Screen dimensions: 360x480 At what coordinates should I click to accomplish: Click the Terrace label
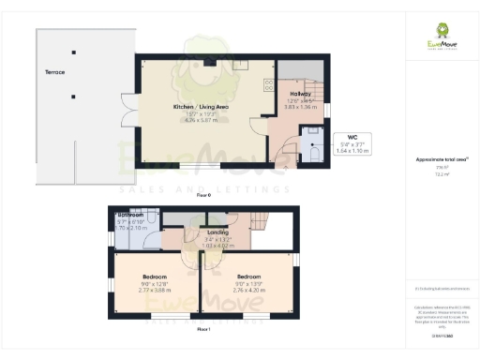tap(54, 71)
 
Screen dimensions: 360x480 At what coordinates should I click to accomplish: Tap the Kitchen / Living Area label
tap(201, 107)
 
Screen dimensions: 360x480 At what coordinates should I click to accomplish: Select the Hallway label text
tap(299, 94)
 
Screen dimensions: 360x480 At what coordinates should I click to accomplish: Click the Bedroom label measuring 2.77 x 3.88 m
tap(155, 277)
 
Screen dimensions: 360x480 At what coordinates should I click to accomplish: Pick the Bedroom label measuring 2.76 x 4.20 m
tap(247, 277)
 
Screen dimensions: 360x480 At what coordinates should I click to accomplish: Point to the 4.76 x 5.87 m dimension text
tap(201, 120)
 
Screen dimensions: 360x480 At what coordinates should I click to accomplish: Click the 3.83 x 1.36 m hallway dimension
tap(299, 107)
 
